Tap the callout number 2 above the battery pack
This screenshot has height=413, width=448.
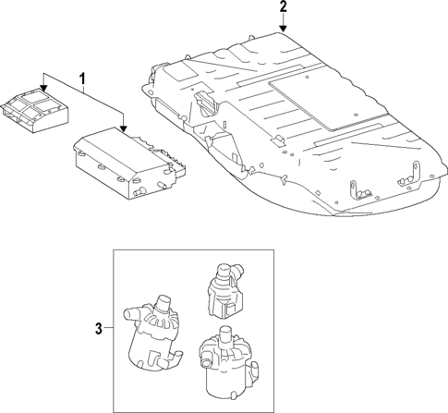click(283, 8)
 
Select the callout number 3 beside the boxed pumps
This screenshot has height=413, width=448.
click(99, 327)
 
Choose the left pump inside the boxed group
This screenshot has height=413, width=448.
click(152, 332)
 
